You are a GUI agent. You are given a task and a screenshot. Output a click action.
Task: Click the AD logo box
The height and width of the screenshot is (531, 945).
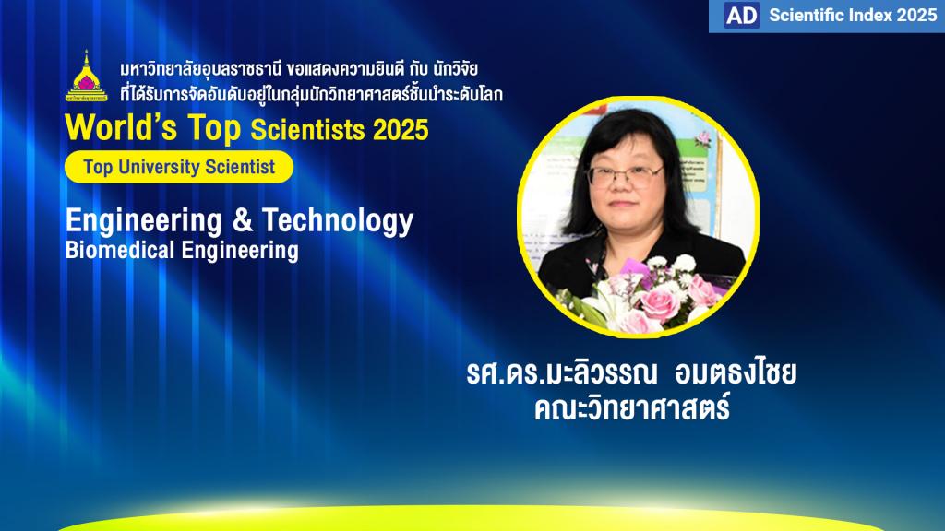(x=741, y=16)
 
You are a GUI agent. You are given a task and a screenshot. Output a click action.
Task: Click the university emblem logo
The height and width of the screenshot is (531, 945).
(x=86, y=76)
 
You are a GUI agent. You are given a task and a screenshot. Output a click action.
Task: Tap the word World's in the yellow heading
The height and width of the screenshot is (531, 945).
(x=121, y=127)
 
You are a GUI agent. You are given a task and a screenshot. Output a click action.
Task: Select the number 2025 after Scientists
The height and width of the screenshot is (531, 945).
(x=401, y=129)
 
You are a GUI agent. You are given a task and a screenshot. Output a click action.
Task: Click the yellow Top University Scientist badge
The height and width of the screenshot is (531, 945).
(x=179, y=167)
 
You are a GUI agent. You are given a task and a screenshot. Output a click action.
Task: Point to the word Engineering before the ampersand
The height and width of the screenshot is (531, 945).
(x=143, y=221)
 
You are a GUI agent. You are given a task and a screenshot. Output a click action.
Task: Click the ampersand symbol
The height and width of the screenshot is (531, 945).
(x=243, y=220)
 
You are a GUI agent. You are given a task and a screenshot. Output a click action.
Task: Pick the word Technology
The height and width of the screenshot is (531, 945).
(x=338, y=221)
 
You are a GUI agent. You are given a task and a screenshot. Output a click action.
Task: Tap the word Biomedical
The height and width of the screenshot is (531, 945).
(x=120, y=250)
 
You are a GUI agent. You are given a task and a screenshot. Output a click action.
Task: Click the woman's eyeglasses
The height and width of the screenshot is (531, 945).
(x=625, y=176)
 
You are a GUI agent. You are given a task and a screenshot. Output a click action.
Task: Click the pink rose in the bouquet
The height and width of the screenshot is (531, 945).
(x=659, y=303)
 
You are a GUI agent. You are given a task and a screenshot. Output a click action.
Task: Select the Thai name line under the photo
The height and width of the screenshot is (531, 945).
(x=631, y=373)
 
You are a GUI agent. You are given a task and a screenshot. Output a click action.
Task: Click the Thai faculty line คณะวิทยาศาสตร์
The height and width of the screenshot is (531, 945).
(x=631, y=407)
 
